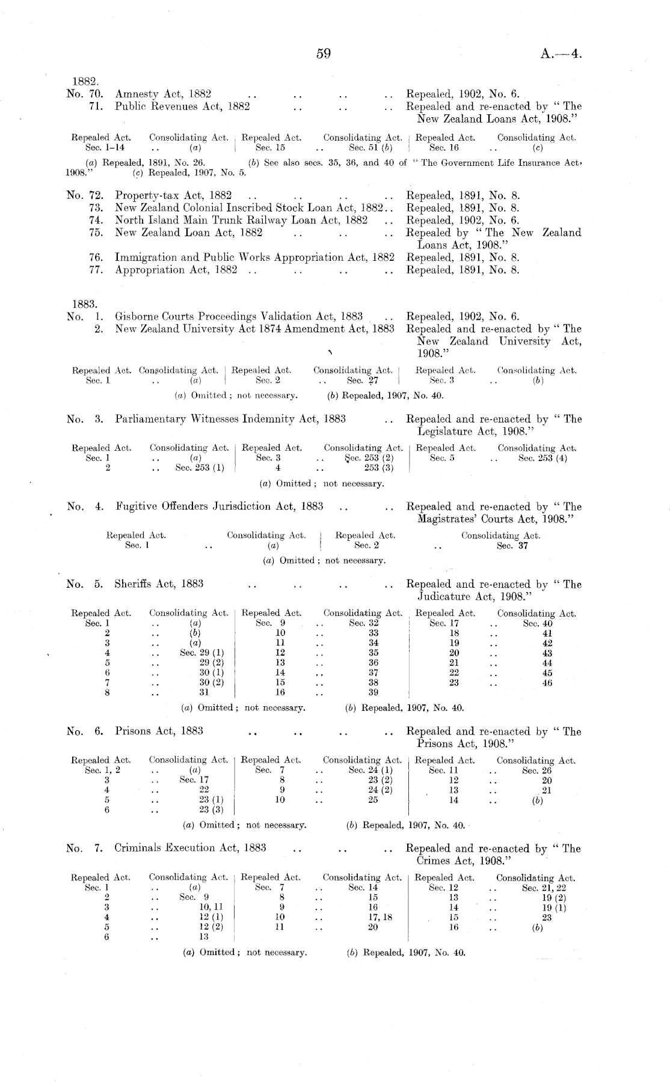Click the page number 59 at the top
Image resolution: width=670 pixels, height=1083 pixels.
pyautogui.click(x=324, y=54)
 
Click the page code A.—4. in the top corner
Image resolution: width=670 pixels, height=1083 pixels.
pyautogui.click(x=562, y=55)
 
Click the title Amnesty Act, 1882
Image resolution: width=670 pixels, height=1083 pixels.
pyautogui.click(x=163, y=94)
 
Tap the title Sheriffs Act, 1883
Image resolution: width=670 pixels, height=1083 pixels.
pyautogui.click(x=159, y=584)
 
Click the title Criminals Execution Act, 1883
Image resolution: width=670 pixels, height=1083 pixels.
pyautogui.click(x=190, y=848)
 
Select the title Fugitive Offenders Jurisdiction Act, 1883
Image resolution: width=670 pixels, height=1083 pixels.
pyautogui.click(x=219, y=506)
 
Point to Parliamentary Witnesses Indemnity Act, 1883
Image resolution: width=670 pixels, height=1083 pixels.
pyautogui.click(x=230, y=419)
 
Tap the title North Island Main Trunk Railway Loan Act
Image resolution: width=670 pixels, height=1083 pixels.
pyautogui.click(x=241, y=220)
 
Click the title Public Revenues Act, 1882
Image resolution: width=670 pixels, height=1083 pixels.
pyautogui.click(x=182, y=106)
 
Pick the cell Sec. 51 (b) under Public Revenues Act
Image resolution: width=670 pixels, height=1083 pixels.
pyautogui.click(x=370, y=147)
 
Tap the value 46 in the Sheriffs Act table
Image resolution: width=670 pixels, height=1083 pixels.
pyautogui.click(x=547, y=683)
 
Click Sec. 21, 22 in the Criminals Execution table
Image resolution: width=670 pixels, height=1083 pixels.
pyautogui.click(x=544, y=888)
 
